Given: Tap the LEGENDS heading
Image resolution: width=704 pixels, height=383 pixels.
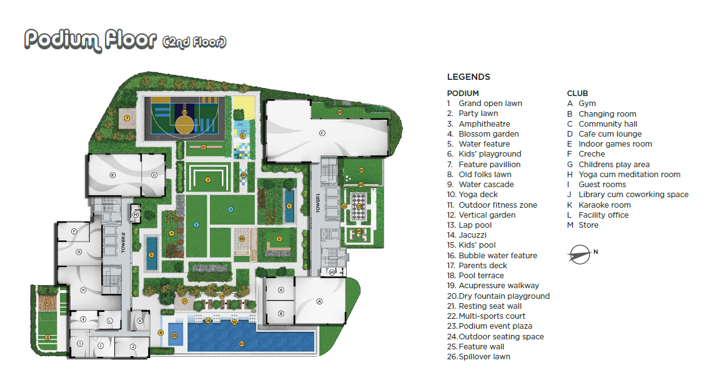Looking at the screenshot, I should click(x=469, y=77).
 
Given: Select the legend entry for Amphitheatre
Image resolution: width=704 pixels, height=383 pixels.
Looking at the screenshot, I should click(x=484, y=124).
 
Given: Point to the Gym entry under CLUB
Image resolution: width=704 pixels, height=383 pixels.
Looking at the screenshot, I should click(x=587, y=104).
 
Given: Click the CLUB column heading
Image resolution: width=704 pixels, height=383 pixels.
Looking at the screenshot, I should click(x=577, y=94).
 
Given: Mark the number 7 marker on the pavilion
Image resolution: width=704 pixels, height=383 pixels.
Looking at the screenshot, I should click(x=126, y=117).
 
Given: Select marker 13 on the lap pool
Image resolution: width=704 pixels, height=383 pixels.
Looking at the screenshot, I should click(x=242, y=344).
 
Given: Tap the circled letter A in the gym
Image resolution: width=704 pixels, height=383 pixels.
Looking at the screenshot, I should click(x=319, y=301).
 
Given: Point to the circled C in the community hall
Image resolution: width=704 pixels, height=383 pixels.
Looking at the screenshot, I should click(x=322, y=133).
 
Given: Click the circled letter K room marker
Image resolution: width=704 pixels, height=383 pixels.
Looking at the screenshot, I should click(x=140, y=321).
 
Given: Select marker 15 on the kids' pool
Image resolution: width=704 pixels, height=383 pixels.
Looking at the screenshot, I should click(x=174, y=336).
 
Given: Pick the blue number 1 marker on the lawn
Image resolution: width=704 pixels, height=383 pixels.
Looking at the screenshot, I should click(x=196, y=224).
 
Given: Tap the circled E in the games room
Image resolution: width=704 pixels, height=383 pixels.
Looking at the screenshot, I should click(x=113, y=175).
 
